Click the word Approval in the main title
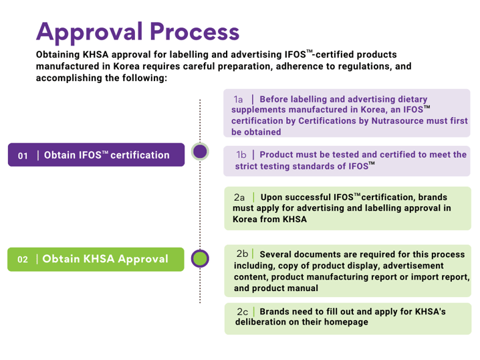[x=90, y=33]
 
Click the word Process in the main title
[x=195, y=31]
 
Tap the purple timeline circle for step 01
[x=200, y=151]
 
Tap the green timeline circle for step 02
[x=200, y=258]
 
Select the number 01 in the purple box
[x=23, y=156]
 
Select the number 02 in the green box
[x=23, y=260]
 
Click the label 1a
[x=238, y=99]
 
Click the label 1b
[x=241, y=155]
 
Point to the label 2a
[x=239, y=197]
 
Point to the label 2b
[x=242, y=254]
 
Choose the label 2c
[x=243, y=312]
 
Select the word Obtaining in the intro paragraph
[x=58, y=55]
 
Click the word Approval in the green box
[x=143, y=259]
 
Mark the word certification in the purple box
[x=140, y=155]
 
